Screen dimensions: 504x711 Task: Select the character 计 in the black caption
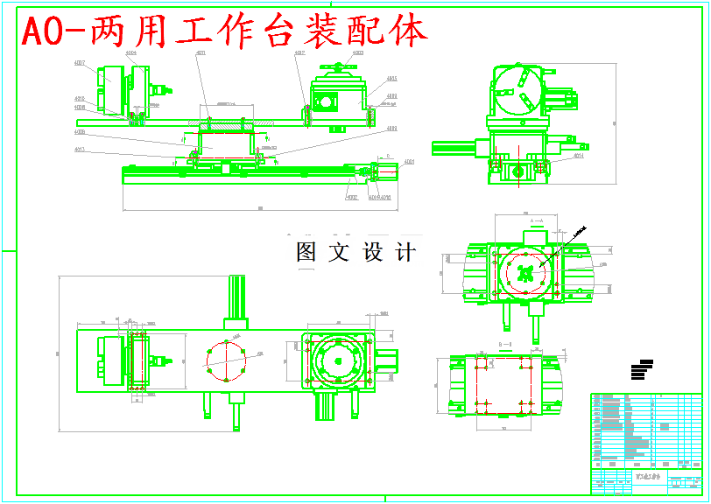coord(405,253)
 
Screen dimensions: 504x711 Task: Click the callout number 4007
coord(80,63)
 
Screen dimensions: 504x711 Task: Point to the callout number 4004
coord(130,53)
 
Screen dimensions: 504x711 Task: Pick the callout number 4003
coord(358,52)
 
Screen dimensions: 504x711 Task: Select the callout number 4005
coord(391,79)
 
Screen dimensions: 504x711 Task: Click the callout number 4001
coord(409,162)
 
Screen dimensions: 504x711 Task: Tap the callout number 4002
coord(352,198)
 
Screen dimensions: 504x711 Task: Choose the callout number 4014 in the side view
coord(578,157)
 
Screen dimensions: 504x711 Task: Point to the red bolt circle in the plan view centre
coord(227,359)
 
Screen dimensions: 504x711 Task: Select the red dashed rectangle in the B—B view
coord(503,384)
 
